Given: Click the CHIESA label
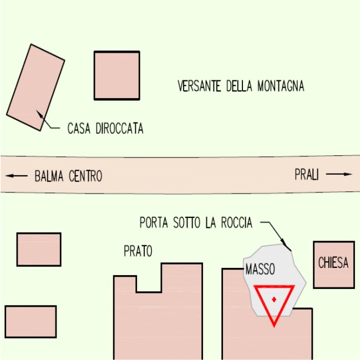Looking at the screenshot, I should tap(333, 263).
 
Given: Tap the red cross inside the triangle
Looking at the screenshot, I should tap(274, 300).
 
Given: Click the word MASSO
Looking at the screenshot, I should tap(260, 270).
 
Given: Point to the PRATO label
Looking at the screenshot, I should tap(138, 252).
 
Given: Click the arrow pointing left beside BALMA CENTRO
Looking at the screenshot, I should tap(17, 176).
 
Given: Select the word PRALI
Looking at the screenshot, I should tap(307, 175).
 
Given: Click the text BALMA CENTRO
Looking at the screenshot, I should tap(68, 177).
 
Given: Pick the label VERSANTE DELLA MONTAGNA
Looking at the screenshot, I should tap(241, 87).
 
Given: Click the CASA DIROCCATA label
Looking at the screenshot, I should tap(105, 129).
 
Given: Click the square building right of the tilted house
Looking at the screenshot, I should tap(116, 75).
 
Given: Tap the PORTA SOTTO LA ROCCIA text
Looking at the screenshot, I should tap(196, 224).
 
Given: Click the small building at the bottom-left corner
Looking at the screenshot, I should tap(31, 322).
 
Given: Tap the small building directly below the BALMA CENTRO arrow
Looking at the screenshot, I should tap(38, 249).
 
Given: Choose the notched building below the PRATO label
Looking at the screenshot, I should tap(158, 316).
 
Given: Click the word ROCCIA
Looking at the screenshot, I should tap(236, 224).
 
